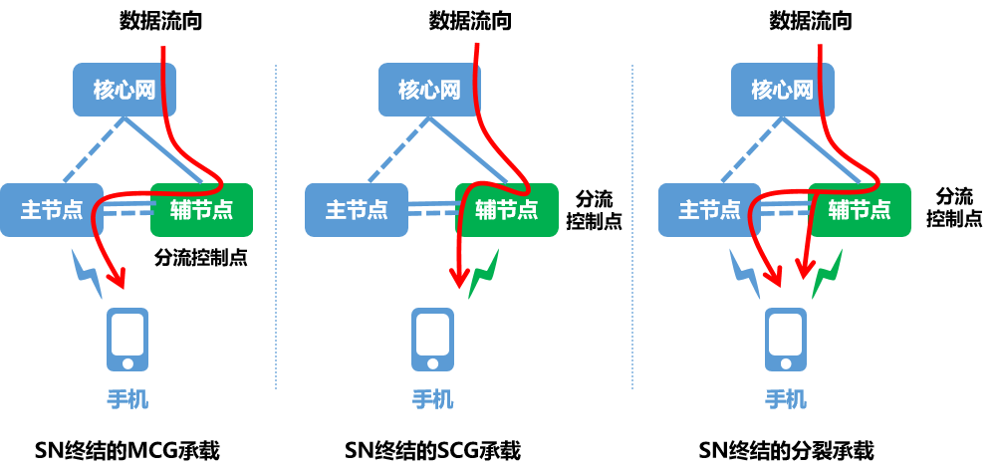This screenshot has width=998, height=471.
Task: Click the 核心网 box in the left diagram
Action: (125, 90)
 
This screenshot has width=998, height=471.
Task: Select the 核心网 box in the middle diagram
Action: (429, 90)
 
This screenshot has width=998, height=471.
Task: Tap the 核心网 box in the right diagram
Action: (782, 90)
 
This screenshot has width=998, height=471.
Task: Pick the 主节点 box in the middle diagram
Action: (356, 210)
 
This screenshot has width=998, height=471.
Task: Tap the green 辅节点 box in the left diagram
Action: (202, 210)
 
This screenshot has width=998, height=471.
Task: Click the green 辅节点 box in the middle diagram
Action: (507, 210)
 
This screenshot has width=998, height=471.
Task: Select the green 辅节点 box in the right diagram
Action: (860, 210)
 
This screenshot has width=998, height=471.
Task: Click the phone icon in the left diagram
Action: (127, 339)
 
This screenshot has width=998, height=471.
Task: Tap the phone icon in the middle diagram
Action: (432, 339)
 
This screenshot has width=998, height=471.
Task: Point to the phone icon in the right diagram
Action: (786, 339)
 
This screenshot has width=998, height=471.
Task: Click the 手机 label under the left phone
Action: (127, 400)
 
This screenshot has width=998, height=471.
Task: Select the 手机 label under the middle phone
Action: (432, 400)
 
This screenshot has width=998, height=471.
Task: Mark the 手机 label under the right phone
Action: (786, 400)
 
